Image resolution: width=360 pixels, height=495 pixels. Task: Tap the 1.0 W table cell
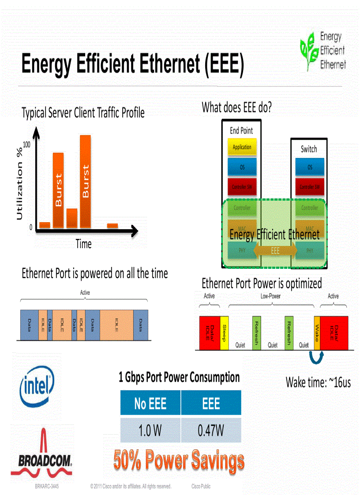[x=150, y=430]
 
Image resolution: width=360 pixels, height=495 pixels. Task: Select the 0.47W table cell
[x=211, y=430]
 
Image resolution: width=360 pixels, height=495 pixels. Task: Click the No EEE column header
[x=150, y=403]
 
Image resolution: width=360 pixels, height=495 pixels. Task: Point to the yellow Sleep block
[x=224, y=333]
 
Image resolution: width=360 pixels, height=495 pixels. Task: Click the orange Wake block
[x=317, y=333]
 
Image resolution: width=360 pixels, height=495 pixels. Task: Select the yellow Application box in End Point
[x=242, y=147]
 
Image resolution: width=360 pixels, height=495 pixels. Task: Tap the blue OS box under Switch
[x=309, y=167]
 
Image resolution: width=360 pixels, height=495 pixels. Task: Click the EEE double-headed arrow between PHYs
[x=275, y=250]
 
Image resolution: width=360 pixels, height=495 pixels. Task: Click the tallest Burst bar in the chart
[x=86, y=181]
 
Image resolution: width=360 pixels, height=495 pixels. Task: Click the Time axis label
[x=83, y=244]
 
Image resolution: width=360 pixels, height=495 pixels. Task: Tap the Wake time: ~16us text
[x=318, y=382]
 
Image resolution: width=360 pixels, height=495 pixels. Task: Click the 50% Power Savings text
[x=179, y=461]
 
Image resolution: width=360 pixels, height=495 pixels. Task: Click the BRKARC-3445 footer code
[x=47, y=487]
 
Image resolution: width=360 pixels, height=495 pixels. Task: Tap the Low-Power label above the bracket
[x=270, y=296]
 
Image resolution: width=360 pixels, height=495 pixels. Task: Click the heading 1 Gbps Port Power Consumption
[x=179, y=377]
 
